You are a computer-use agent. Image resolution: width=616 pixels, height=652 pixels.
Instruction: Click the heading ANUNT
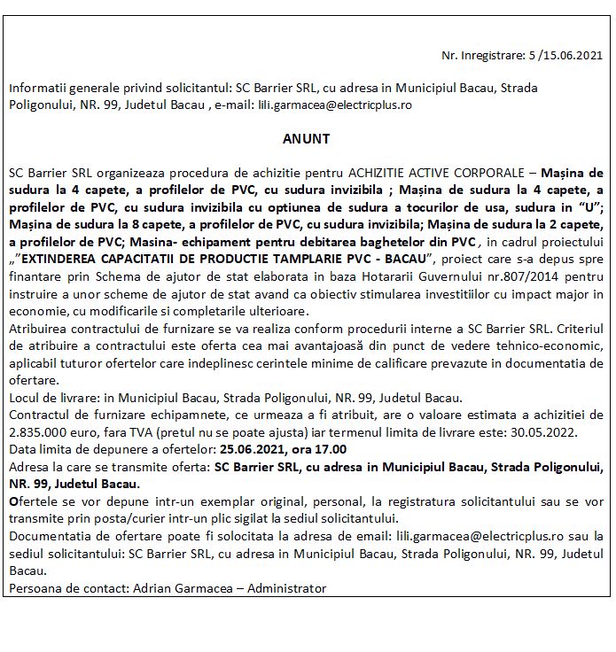pos(307,139)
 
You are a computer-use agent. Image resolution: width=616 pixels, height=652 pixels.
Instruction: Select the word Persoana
pos(31,588)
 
